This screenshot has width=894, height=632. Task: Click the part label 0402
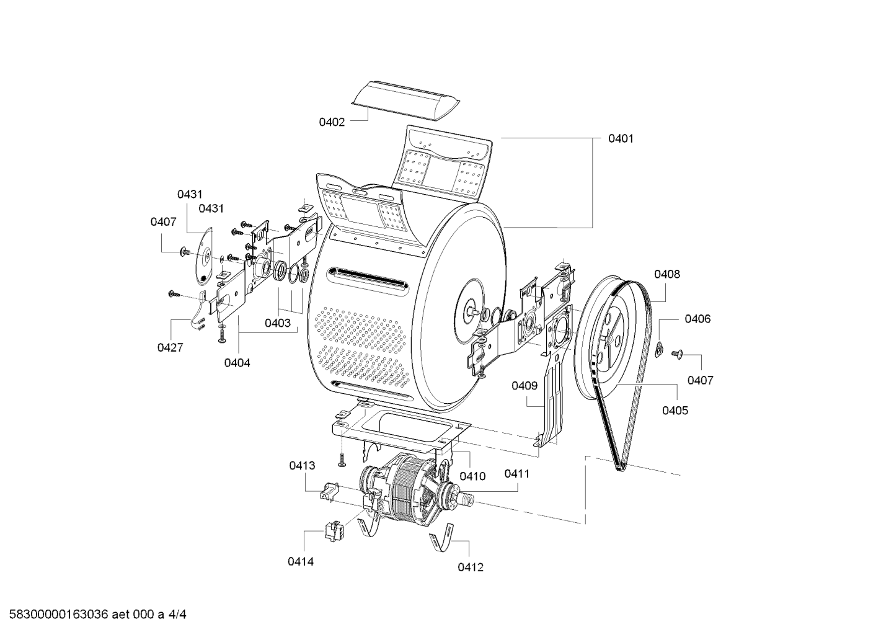(332, 122)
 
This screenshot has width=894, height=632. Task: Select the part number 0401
(621, 138)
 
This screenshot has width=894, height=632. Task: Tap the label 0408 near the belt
(667, 274)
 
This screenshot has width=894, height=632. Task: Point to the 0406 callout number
(697, 319)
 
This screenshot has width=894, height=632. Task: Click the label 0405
(675, 411)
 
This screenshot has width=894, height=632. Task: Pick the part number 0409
(525, 386)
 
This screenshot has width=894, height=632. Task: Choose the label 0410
(472, 476)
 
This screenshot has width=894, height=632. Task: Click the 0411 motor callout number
(517, 474)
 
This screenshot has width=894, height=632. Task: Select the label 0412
(471, 567)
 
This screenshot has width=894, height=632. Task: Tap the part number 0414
(301, 562)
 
